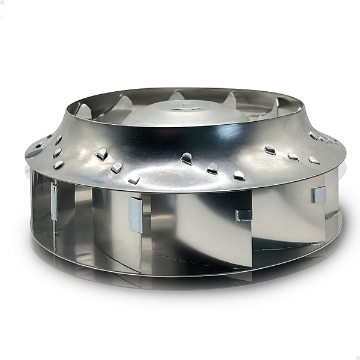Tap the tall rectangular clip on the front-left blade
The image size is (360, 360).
tap(136, 214)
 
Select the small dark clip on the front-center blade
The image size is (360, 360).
tap(244, 215)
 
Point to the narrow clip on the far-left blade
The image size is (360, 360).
tap(54, 202)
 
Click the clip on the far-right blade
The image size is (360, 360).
tap(319, 194)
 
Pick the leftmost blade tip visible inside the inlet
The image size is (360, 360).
tap(83, 110)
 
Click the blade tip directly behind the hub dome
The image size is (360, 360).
tap(178, 95)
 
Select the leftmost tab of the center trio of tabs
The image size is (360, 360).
tap(187, 158)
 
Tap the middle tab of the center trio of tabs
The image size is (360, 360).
tap(212, 169)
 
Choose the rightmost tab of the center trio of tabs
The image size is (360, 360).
tap(239, 175)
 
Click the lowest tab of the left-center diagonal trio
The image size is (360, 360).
tap(134, 179)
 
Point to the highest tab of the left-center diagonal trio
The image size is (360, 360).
tap(101, 154)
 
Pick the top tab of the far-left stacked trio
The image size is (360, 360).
tap(58, 140)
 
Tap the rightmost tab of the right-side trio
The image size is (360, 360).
tap(313, 160)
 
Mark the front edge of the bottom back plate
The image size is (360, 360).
tap(180, 274)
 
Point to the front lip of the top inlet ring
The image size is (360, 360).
tap(180, 126)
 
